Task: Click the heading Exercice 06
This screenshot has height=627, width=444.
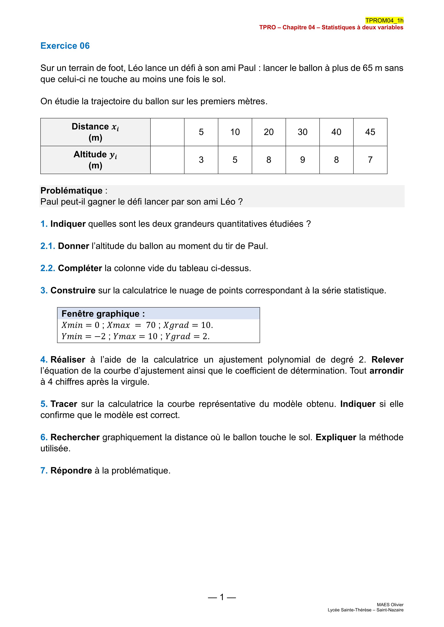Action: coord(65,46)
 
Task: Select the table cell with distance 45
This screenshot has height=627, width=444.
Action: coord(370,132)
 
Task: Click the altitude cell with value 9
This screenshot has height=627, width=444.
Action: coord(302,160)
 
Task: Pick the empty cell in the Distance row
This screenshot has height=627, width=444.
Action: coord(167,132)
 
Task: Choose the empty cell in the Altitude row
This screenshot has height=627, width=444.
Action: coord(167,160)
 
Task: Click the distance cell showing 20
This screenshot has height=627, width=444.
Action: coord(269,132)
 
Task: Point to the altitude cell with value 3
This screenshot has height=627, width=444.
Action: coord(201,160)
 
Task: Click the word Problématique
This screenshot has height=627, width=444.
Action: coord(71,191)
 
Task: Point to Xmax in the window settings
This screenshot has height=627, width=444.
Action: coord(118,325)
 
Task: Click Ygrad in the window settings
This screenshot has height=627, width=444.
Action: coord(177,336)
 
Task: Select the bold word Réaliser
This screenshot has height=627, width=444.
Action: coord(68,360)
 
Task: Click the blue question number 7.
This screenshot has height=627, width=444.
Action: coord(44,471)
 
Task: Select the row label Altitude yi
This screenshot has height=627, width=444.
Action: coord(95,160)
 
